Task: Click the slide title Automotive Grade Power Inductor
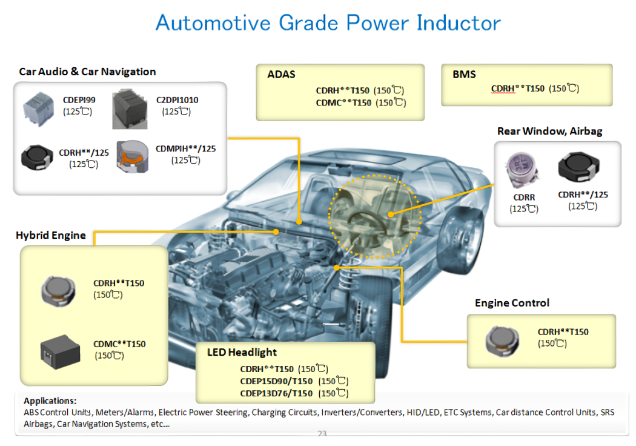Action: click(328, 24)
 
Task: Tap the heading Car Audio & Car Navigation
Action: click(87, 72)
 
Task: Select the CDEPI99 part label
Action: click(79, 100)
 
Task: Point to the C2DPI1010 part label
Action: click(177, 100)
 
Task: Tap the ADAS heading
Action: click(281, 75)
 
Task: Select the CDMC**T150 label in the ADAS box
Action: click(343, 102)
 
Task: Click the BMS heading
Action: click(464, 75)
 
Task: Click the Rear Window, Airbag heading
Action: click(549, 131)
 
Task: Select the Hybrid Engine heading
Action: click(51, 235)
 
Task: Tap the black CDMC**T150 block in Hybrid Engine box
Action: click(61, 351)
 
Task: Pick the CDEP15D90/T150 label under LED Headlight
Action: click(276, 381)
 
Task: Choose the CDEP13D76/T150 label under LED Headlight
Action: click(276, 393)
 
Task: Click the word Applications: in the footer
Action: click(50, 401)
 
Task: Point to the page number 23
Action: click(322, 433)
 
